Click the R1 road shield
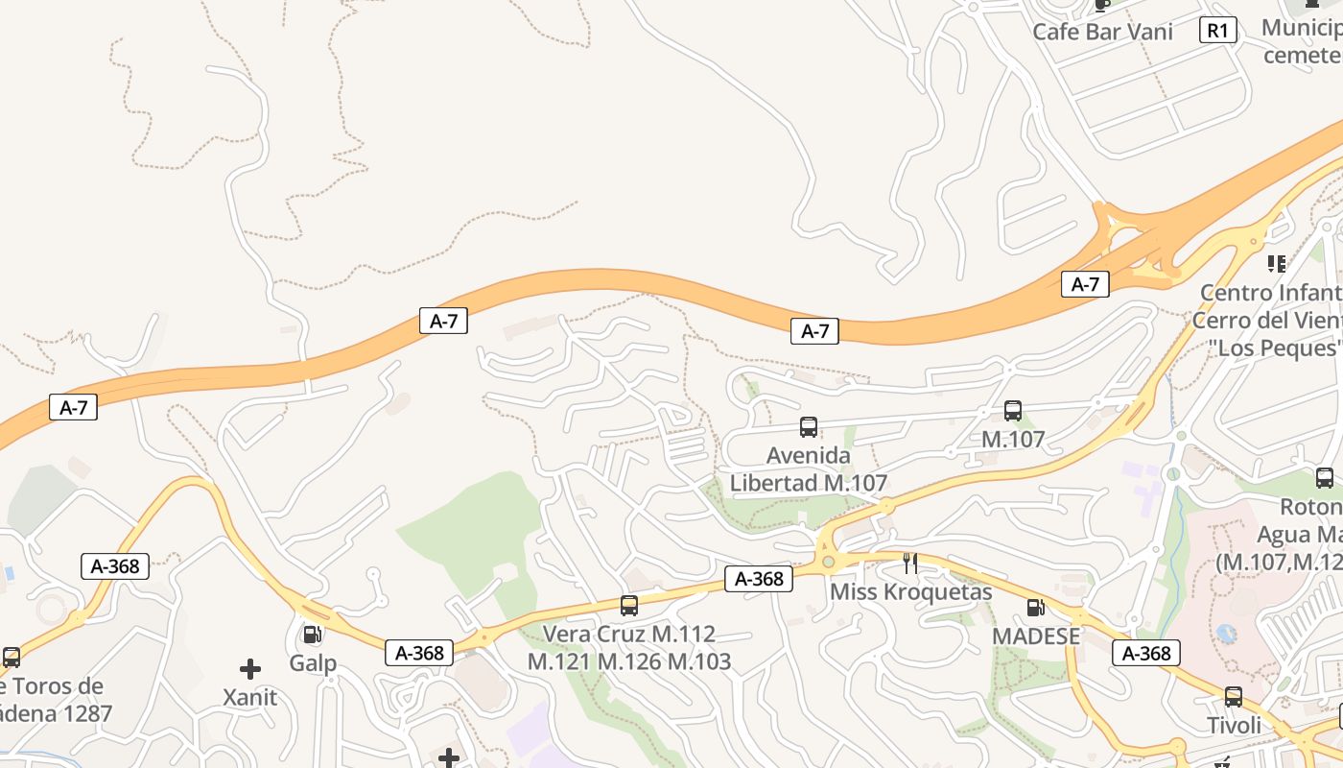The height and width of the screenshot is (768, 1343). [1216, 31]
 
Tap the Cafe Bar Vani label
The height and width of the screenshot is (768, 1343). [1102, 32]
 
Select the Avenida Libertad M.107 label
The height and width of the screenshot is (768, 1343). [809, 468]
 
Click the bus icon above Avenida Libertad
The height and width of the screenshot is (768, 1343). [809, 427]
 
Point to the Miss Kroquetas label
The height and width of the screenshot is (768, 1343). [910, 591]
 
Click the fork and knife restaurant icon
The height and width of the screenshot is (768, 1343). [910, 563]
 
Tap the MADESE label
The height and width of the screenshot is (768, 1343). [1036, 636]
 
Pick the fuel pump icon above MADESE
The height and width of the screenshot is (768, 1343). [1035, 607]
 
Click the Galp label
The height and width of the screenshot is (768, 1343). [313, 663]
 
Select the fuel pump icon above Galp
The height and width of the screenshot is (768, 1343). [312, 634]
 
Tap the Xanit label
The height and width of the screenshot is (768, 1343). [249, 698]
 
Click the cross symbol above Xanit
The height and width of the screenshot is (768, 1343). [250, 668]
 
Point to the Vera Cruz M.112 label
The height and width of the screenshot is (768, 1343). [629, 634]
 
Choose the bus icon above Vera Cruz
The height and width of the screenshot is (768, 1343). [629, 606]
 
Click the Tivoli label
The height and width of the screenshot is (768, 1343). [1234, 726]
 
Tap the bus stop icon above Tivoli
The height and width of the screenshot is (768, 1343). [1234, 697]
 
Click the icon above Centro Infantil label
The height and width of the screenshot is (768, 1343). [1276, 263]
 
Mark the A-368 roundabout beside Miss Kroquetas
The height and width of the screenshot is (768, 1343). [828, 560]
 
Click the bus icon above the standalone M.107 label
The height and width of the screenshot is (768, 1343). [1013, 411]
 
